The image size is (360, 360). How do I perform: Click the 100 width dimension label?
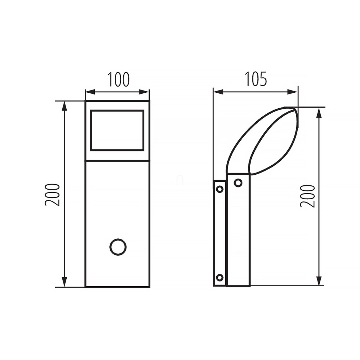[118, 79]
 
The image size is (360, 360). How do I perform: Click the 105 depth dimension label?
[256, 79]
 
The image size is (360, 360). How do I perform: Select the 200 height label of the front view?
[52, 195]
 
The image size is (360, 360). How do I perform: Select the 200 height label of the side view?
[308, 196]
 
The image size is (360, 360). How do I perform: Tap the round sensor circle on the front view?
[118, 247]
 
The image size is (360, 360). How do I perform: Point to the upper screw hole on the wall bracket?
[220, 189]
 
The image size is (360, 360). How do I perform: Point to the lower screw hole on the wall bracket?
[220, 278]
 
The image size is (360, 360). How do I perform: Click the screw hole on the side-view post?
[238, 183]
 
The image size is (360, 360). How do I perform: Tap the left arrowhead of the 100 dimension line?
[90, 92]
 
